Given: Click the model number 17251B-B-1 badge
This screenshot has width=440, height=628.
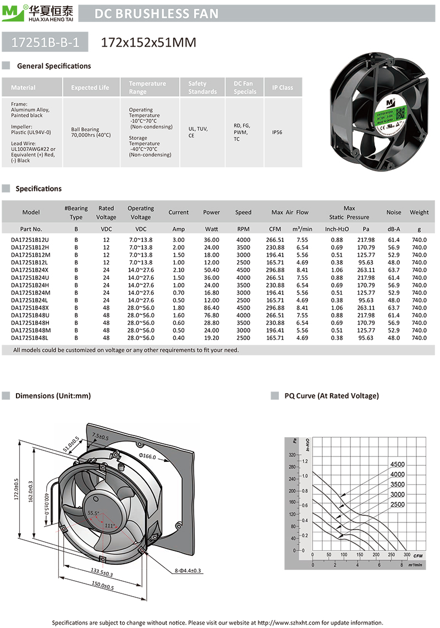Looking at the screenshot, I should point(45,42).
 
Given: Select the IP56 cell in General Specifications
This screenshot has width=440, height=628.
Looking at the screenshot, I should point(277,133).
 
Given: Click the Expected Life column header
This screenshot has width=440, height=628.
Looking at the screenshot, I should point(90,87).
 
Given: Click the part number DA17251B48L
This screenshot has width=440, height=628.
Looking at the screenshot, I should point(30,338).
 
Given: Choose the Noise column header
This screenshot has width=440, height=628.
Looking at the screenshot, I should point(394,212).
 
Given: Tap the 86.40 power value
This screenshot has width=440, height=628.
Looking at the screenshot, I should point(211,307).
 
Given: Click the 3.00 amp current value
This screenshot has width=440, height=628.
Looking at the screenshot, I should point(178,240).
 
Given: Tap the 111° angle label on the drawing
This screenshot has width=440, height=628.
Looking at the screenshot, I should point(109,526).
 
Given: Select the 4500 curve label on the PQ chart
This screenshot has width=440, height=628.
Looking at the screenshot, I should point(397,465).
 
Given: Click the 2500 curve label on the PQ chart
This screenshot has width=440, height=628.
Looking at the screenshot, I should point(397,504).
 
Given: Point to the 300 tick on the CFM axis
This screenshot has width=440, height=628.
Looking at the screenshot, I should point(406,555).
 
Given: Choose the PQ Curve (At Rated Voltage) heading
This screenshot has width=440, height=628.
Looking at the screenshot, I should point(331,396).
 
